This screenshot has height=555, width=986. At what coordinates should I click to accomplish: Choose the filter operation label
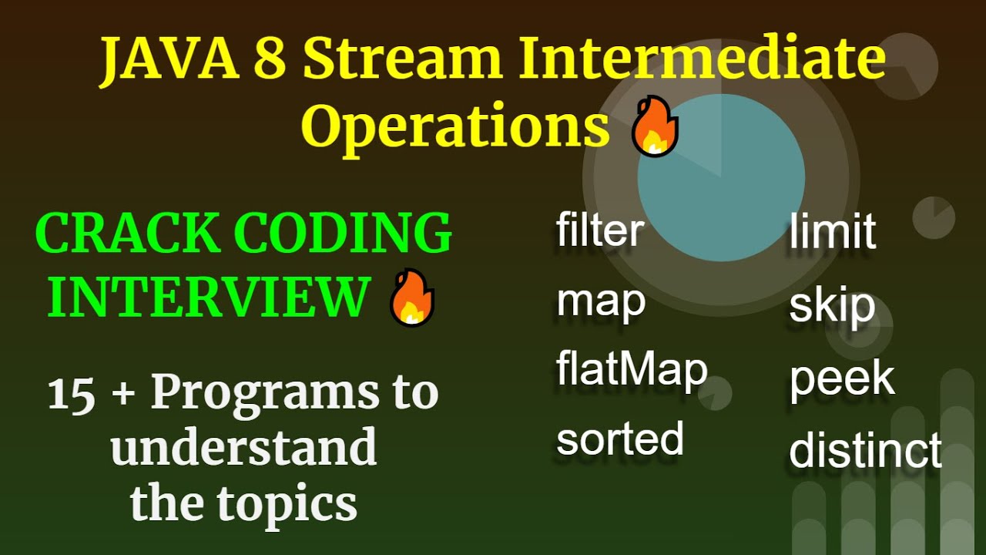(600, 230)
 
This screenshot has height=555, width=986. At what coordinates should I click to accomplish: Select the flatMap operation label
(632, 369)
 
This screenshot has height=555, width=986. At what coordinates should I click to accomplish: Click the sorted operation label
(620, 439)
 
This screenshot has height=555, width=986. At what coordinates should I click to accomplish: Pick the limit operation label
(833, 230)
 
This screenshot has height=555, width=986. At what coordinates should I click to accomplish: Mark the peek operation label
(842, 378)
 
